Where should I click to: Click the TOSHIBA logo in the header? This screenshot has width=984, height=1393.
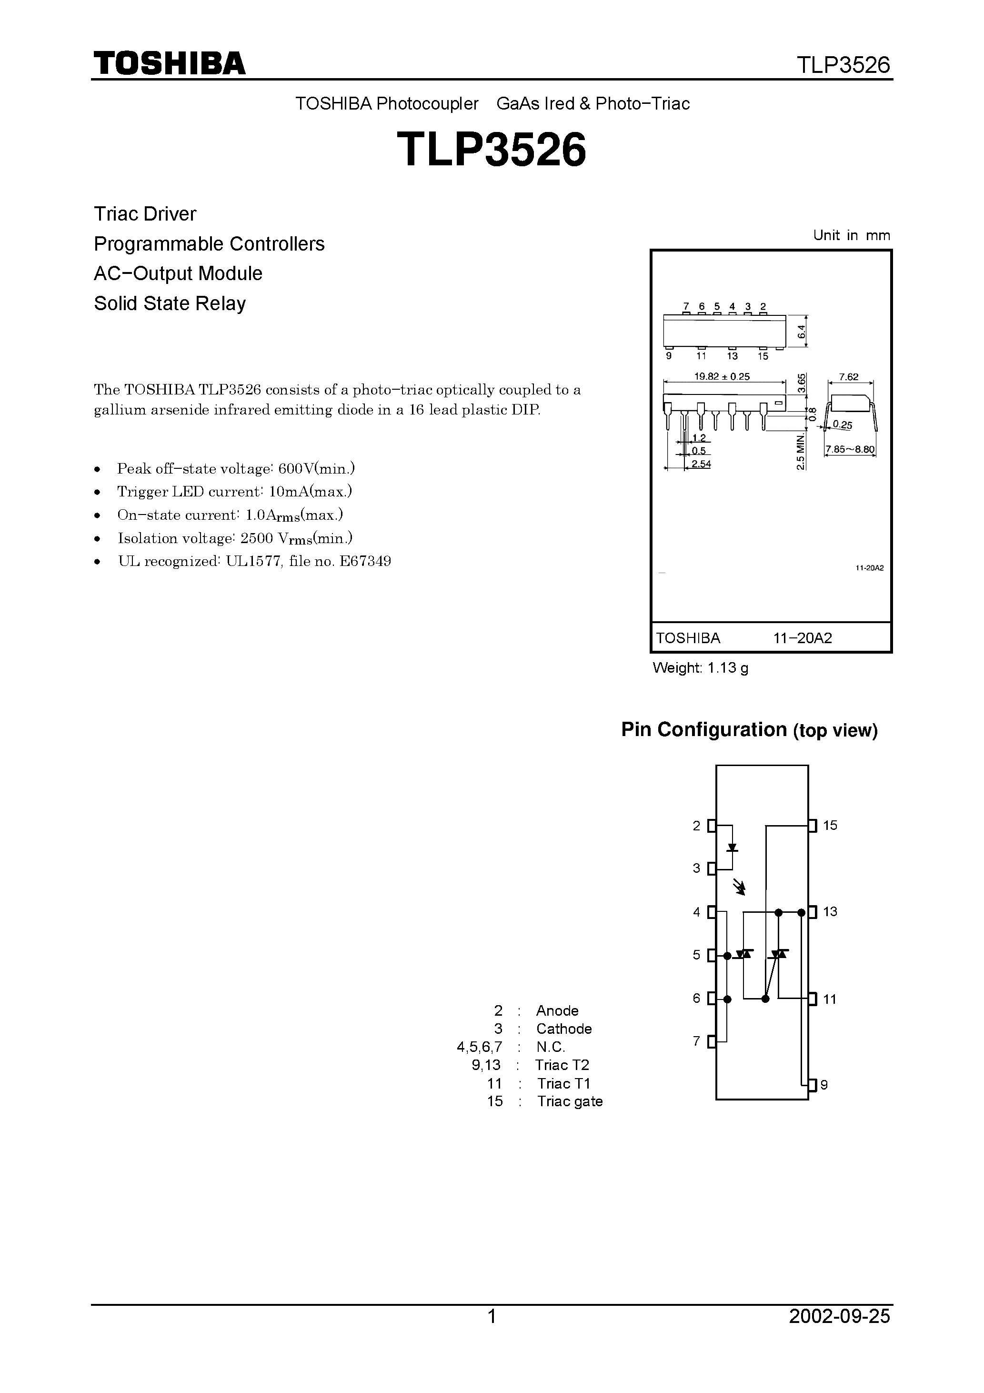pos(169,63)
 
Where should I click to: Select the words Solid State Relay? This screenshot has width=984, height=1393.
pos(170,303)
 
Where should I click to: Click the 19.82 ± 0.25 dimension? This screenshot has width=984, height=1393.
pos(722,376)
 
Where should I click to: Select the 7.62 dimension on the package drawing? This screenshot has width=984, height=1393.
pos(849,377)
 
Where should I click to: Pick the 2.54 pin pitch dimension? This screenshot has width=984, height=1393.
pos(701,464)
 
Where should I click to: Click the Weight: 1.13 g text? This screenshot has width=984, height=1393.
pos(700,668)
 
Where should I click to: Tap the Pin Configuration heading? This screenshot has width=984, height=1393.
pos(749,729)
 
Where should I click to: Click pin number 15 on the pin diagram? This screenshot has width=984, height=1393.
pos(830,825)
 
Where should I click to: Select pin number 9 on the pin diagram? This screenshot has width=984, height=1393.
pos(824,1085)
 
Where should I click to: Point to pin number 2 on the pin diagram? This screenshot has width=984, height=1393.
pos(696,826)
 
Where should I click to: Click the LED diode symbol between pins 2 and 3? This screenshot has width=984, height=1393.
pos(732,848)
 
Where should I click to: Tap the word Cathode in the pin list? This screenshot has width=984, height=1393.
pos(563,1029)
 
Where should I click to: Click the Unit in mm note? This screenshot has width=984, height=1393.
pos(851,235)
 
